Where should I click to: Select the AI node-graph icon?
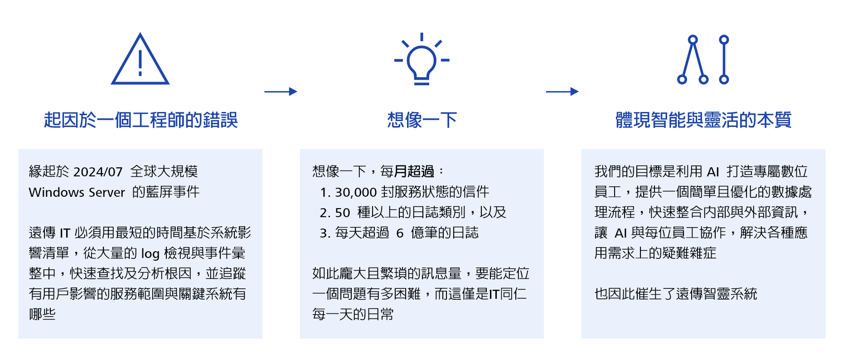click(703, 59)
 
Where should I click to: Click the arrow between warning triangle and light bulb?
click(281, 92)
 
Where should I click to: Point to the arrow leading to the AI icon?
click(562, 92)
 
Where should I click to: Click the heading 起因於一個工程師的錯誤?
click(140, 120)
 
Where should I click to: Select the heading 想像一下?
click(422, 120)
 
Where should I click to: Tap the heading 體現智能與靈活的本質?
click(703, 120)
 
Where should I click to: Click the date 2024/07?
click(98, 172)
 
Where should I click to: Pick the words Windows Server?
click(77, 192)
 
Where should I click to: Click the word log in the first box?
click(150, 253)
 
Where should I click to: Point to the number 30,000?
click(356, 192)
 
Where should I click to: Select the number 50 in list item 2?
click(343, 213)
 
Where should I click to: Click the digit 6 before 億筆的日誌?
click(400, 233)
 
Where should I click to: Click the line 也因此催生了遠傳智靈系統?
click(676, 294)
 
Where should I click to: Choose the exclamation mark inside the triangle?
click(140, 63)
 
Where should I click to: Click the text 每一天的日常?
click(353, 314)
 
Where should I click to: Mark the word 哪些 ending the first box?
click(42, 314)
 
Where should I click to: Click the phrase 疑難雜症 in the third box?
click(689, 253)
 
